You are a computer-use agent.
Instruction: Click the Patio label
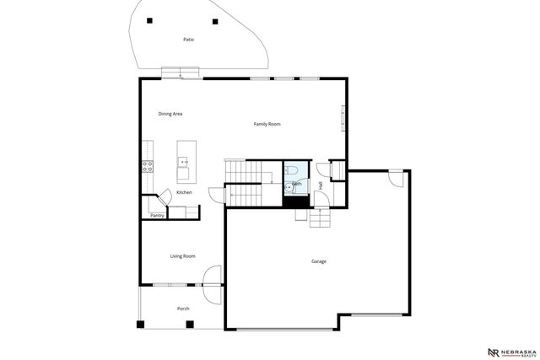click(x=188, y=40)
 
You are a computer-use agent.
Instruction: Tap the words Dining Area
click(x=170, y=113)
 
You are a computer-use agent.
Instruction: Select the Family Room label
click(x=267, y=124)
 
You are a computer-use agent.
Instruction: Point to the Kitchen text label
click(x=184, y=192)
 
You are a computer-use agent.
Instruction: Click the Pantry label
click(x=157, y=216)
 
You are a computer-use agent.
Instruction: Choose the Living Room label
click(x=182, y=255)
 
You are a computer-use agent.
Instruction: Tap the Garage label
click(x=318, y=261)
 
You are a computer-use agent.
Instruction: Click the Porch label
click(x=183, y=309)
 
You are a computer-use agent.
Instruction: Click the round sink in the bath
click(x=289, y=188)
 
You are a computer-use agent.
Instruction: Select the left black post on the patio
click(x=149, y=20)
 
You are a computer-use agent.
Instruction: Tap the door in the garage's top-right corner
click(x=395, y=179)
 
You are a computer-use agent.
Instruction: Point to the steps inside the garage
click(x=321, y=218)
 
